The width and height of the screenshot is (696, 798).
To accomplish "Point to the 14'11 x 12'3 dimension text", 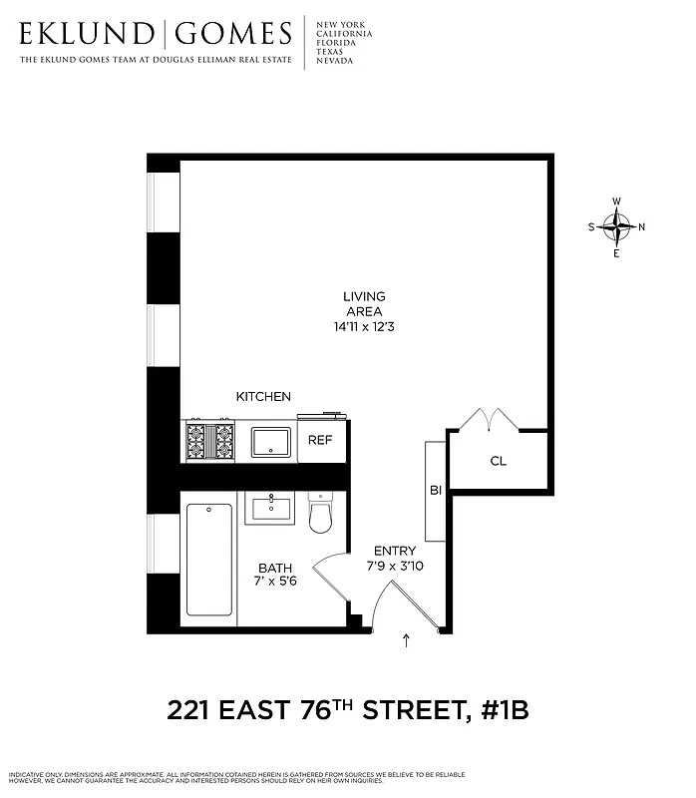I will click(x=364, y=326).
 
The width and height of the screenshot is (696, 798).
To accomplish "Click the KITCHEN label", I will click(x=263, y=396).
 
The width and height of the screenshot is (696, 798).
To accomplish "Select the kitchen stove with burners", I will click(x=210, y=440).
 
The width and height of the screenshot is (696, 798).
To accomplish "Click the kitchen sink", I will click(x=270, y=441).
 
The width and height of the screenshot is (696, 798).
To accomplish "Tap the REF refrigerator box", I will click(x=320, y=440).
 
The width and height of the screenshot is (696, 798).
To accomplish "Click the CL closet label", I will click(x=499, y=462).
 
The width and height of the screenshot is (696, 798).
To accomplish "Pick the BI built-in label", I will click(x=436, y=491).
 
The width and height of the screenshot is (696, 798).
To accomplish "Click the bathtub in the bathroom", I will click(x=209, y=560).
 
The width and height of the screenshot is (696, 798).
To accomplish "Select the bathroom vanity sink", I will click(x=270, y=508).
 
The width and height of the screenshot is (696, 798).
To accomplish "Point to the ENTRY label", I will click(x=395, y=551).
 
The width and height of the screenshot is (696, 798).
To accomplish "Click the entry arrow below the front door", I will click(x=406, y=641).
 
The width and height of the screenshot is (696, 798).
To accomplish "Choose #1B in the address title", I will click(x=496, y=711).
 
